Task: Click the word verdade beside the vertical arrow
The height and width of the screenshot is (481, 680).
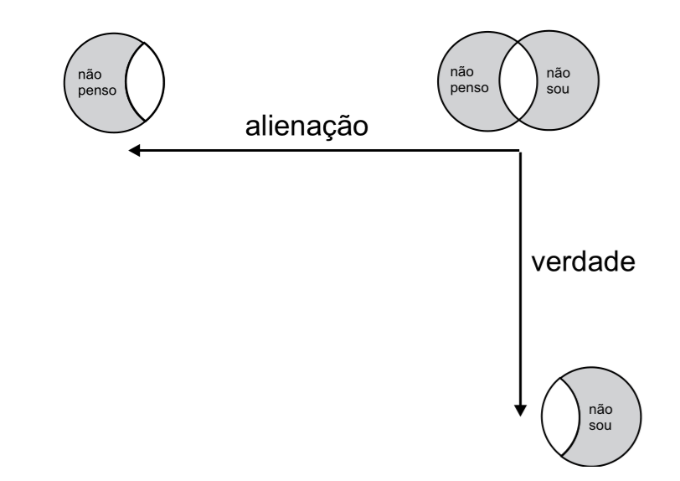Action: click(x=586, y=263)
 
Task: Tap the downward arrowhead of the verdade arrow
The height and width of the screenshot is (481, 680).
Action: click(x=521, y=409)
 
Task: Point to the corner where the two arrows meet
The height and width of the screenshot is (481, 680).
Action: click(x=521, y=151)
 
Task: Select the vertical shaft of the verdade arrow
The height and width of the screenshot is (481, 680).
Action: click(x=521, y=277)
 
